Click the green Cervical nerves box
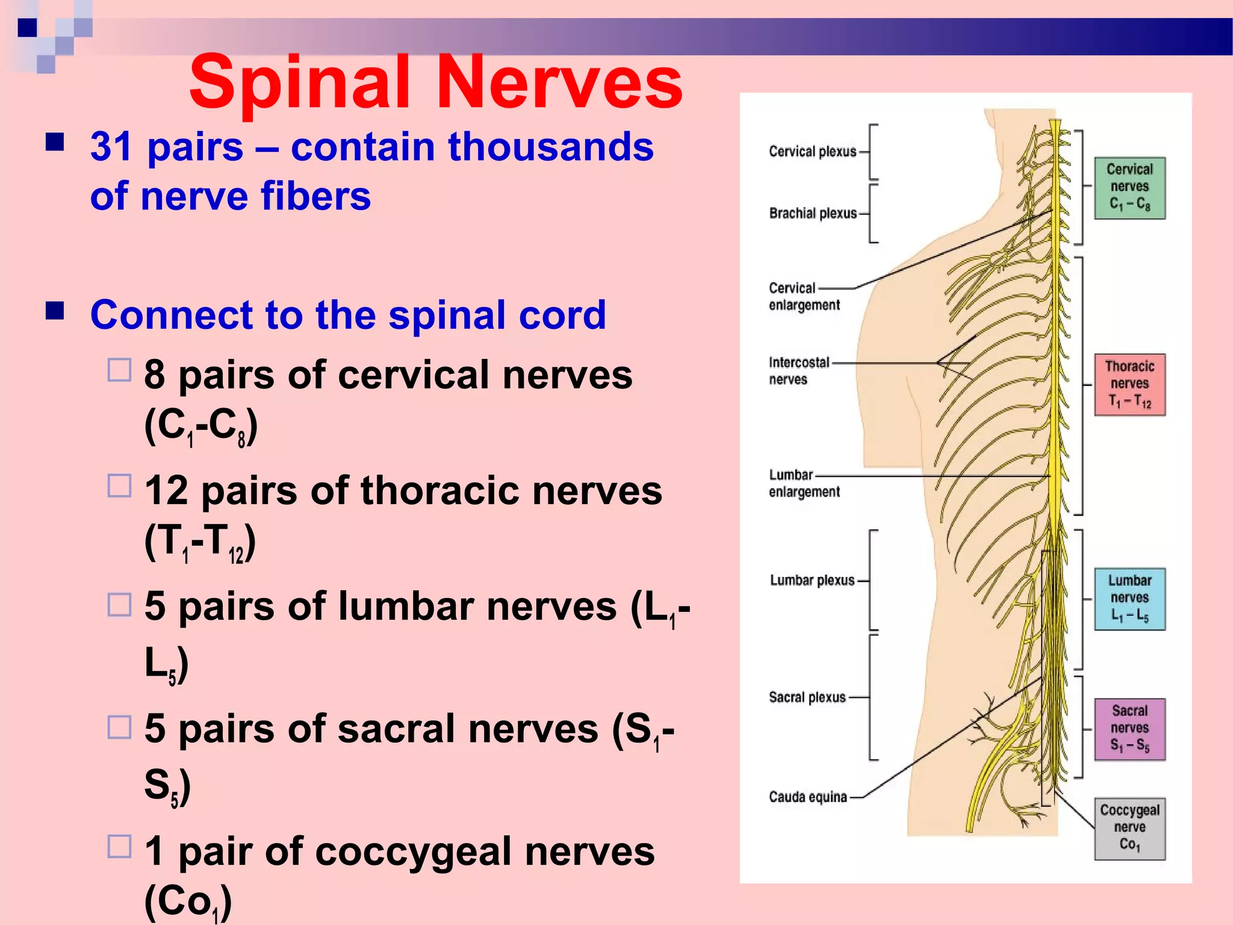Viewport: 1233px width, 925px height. (1129, 188)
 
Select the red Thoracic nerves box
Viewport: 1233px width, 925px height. (1129, 384)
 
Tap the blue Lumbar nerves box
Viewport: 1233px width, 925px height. (1129, 599)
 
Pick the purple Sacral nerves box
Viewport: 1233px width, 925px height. (1129, 729)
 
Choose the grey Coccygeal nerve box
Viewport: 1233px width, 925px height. (1129, 828)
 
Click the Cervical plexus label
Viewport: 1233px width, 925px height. (812, 152)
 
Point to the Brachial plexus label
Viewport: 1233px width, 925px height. (813, 213)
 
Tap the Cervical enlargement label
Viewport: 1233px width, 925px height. (804, 296)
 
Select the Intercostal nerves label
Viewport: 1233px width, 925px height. (798, 370)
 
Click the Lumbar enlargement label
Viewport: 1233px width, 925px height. (804, 484)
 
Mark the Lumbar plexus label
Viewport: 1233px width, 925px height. (812, 581)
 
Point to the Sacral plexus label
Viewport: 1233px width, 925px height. (807, 697)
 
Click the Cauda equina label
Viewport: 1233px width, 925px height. (807, 797)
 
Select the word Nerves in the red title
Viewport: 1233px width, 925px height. (560, 83)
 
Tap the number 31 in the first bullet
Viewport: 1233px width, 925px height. (111, 147)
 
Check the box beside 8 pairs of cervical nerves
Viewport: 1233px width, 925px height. (119, 370)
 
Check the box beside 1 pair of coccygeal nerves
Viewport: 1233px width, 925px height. (119, 846)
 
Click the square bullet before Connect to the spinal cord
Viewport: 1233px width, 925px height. (55, 311)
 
